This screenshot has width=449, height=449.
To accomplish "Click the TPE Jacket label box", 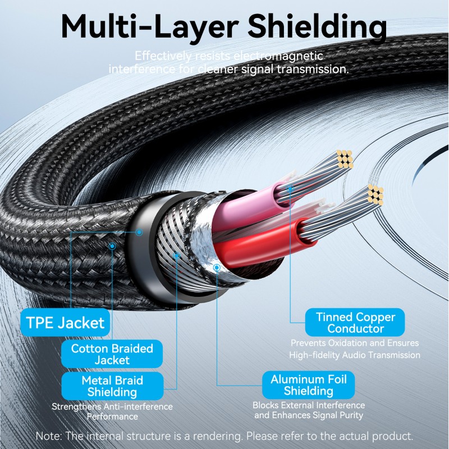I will [x=66, y=323].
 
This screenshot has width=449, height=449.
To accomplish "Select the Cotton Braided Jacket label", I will [x=112, y=354].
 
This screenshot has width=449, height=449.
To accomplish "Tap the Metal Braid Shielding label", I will [x=112, y=386].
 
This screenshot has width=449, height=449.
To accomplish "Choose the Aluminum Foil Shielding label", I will [x=309, y=385].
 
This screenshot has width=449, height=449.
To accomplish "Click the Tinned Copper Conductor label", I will [x=355, y=323].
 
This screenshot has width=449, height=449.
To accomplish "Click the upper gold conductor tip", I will [x=344, y=160].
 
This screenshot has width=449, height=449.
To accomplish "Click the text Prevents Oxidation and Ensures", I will [x=354, y=343].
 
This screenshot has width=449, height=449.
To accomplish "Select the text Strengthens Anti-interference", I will [x=112, y=406].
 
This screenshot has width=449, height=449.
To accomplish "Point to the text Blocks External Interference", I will [x=309, y=405].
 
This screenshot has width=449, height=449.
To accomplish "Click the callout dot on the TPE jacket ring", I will [x=139, y=232].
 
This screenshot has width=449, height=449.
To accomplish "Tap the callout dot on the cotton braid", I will [x=112, y=246].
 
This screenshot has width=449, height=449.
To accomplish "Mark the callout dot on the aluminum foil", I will [x=217, y=268].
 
